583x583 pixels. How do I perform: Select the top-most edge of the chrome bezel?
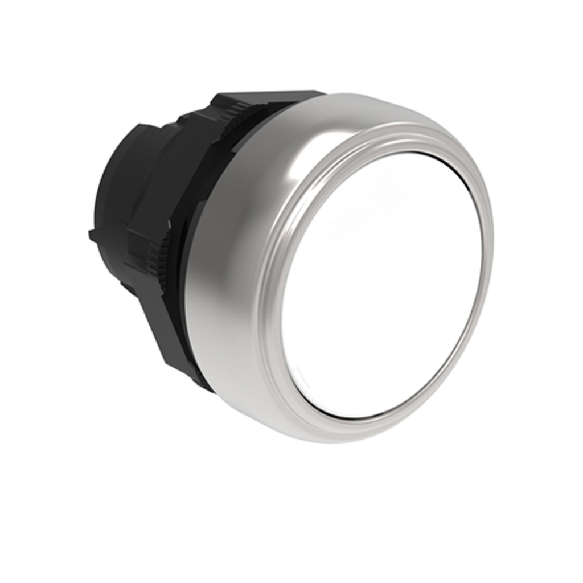(364, 93)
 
